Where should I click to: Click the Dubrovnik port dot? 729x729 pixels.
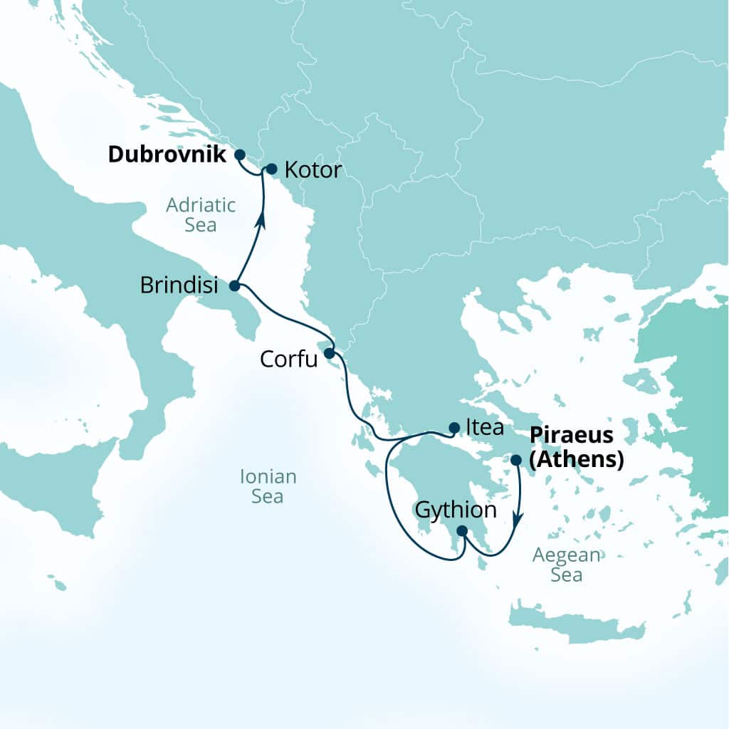(x=240, y=154)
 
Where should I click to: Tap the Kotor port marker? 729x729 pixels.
(x=271, y=169)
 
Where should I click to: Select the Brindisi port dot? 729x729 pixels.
(x=234, y=286)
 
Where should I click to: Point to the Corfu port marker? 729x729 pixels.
(x=329, y=352)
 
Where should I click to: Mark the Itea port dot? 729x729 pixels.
(x=454, y=428)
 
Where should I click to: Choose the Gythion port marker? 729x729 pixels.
(x=461, y=530)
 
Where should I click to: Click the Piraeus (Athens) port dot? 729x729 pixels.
(x=516, y=460)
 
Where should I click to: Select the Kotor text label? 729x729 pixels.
(x=313, y=170)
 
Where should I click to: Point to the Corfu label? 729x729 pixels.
(x=288, y=359)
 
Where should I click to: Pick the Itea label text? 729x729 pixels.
(x=484, y=428)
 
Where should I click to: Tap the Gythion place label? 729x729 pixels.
(x=455, y=510)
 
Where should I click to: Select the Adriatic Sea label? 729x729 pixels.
(x=201, y=215)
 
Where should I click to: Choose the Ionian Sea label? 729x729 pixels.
(x=268, y=486)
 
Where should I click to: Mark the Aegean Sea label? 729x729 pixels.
(x=567, y=565)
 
